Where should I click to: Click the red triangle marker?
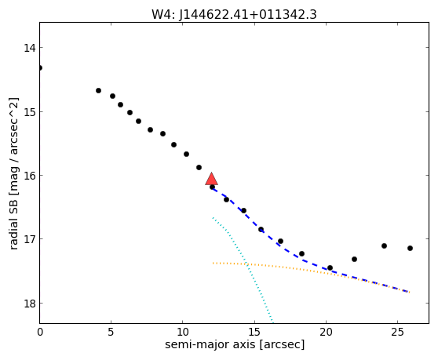(211, 179)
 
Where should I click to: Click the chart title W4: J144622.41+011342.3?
(234, 15)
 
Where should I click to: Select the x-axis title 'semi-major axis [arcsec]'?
(235, 344)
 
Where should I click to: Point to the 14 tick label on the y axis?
(30, 48)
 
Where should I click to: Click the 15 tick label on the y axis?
(30, 111)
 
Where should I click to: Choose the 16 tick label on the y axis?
(30, 175)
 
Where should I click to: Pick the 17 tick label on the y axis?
(30, 239)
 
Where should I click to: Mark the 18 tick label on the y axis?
(30, 303)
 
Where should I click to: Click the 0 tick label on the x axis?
(40, 332)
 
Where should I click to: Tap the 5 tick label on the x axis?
(111, 332)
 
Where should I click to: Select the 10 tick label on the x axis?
(183, 332)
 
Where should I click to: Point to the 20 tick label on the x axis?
(326, 332)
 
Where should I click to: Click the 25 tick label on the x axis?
(397, 332)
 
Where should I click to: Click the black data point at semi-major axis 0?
(40, 67)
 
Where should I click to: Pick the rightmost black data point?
(410, 248)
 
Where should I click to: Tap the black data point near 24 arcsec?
(384, 245)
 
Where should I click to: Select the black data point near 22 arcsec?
(354, 260)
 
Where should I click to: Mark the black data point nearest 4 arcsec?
(98, 90)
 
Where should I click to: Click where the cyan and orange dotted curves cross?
(246, 264)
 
